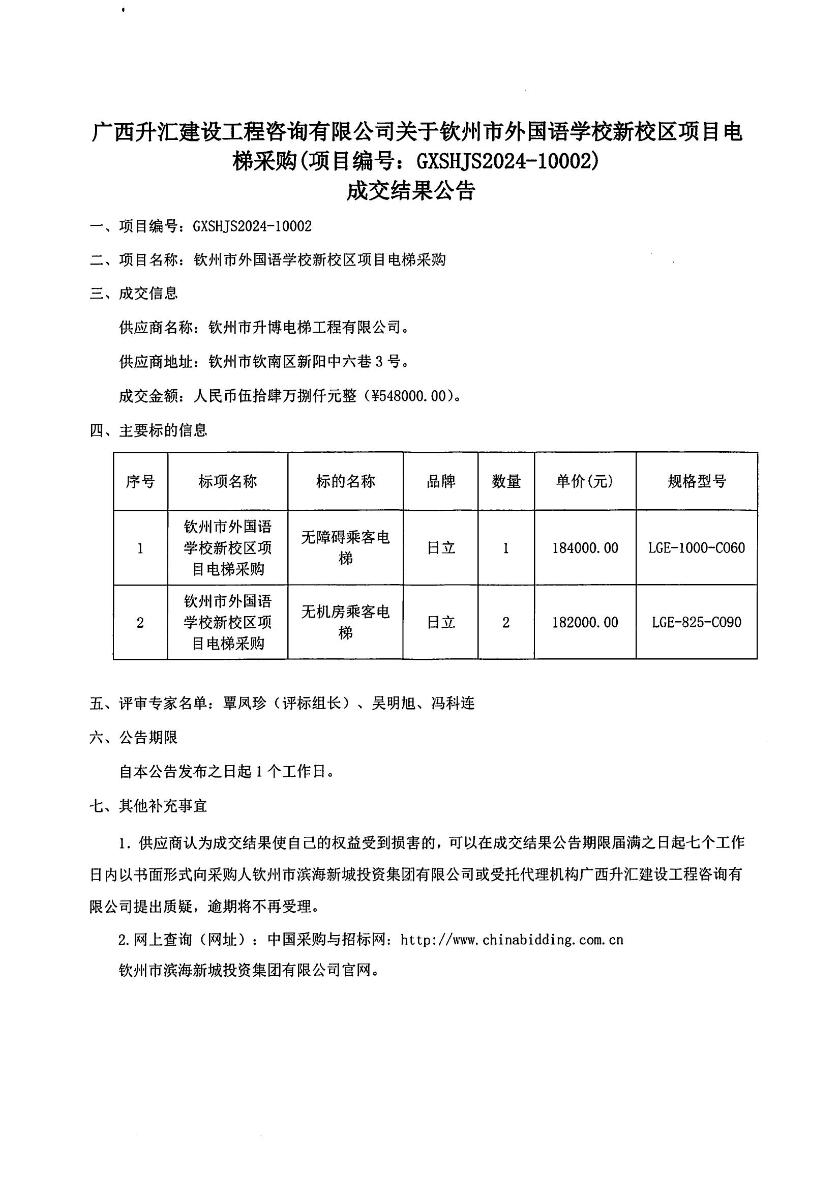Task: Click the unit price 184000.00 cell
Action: pos(585,547)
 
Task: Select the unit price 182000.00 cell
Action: pos(585,622)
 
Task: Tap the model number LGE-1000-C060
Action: pos(697,547)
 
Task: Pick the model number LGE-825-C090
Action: pos(697,622)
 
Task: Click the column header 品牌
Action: pos(441,482)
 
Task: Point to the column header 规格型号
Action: pos(697,482)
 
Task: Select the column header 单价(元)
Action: pos(585,482)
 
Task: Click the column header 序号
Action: pos(140,482)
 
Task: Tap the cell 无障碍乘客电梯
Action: pos(346,547)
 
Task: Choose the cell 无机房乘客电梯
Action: pos(346,622)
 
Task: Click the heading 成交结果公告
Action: pos(411,191)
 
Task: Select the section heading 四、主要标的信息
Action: pos(148,430)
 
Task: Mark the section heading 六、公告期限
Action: pos(134,737)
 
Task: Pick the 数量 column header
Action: pos(506,482)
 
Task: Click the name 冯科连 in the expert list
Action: pos(453,704)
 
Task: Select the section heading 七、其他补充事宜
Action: pos(148,806)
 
